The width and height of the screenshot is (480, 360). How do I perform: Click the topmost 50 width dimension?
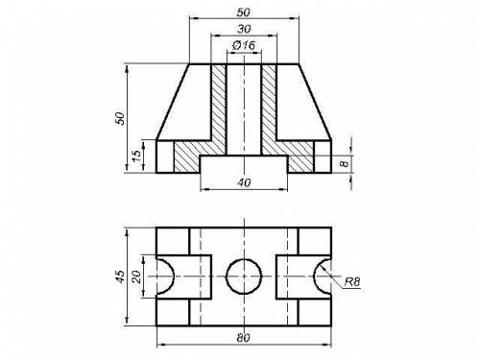click(x=243, y=12)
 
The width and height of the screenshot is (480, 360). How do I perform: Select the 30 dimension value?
click(x=244, y=29)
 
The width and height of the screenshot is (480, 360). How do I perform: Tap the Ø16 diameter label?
click(x=244, y=45)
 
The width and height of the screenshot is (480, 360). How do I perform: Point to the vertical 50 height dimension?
click(x=120, y=118)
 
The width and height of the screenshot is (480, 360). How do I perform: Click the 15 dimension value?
click(x=136, y=156)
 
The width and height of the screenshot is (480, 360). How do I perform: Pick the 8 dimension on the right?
click(x=344, y=164)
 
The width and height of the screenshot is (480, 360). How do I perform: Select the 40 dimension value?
click(x=244, y=182)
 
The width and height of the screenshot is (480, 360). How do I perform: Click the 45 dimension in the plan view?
click(x=120, y=276)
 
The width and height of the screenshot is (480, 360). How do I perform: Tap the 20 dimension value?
click(x=136, y=276)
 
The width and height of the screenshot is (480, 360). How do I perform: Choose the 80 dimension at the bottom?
click(x=243, y=338)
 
